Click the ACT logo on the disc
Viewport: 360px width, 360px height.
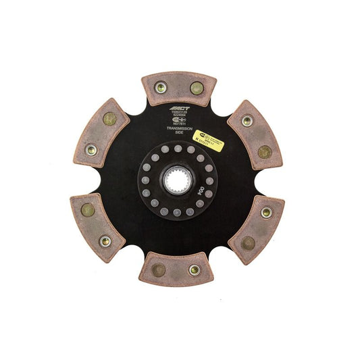[x=179, y=109]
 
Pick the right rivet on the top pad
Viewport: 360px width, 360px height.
[x=195, y=88]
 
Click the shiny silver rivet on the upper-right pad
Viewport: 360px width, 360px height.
[x=247, y=121]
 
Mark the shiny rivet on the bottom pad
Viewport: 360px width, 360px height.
[x=195, y=270]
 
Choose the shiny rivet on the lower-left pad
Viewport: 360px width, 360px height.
[x=105, y=240]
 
